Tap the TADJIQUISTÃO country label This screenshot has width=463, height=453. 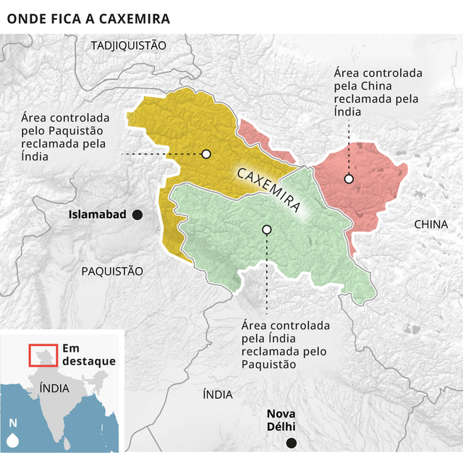pyautogui.click(x=128, y=46)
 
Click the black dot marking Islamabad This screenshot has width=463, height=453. pyautogui.click(x=137, y=214)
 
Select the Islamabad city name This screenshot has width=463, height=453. pyautogui.click(x=97, y=214)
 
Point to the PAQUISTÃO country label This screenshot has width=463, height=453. pyautogui.click(x=112, y=271)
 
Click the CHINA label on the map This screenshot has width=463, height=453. pyautogui.click(x=430, y=224)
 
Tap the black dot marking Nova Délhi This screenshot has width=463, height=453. pyautogui.click(x=291, y=443)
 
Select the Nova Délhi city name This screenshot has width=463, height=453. pyautogui.click(x=281, y=420)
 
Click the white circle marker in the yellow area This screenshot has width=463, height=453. pyautogui.click(x=206, y=154)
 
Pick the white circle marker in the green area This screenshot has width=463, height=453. pyautogui.click(x=267, y=229)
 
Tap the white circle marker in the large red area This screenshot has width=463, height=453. pyautogui.click(x=349, y=179)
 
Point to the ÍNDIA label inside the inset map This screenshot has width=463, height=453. pyautogui.click(x=55, y=388)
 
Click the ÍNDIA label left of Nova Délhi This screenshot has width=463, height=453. pyautogui.click(x=218, y=394)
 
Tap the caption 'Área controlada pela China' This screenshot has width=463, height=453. pyautogui.click(x=378, y=93)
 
